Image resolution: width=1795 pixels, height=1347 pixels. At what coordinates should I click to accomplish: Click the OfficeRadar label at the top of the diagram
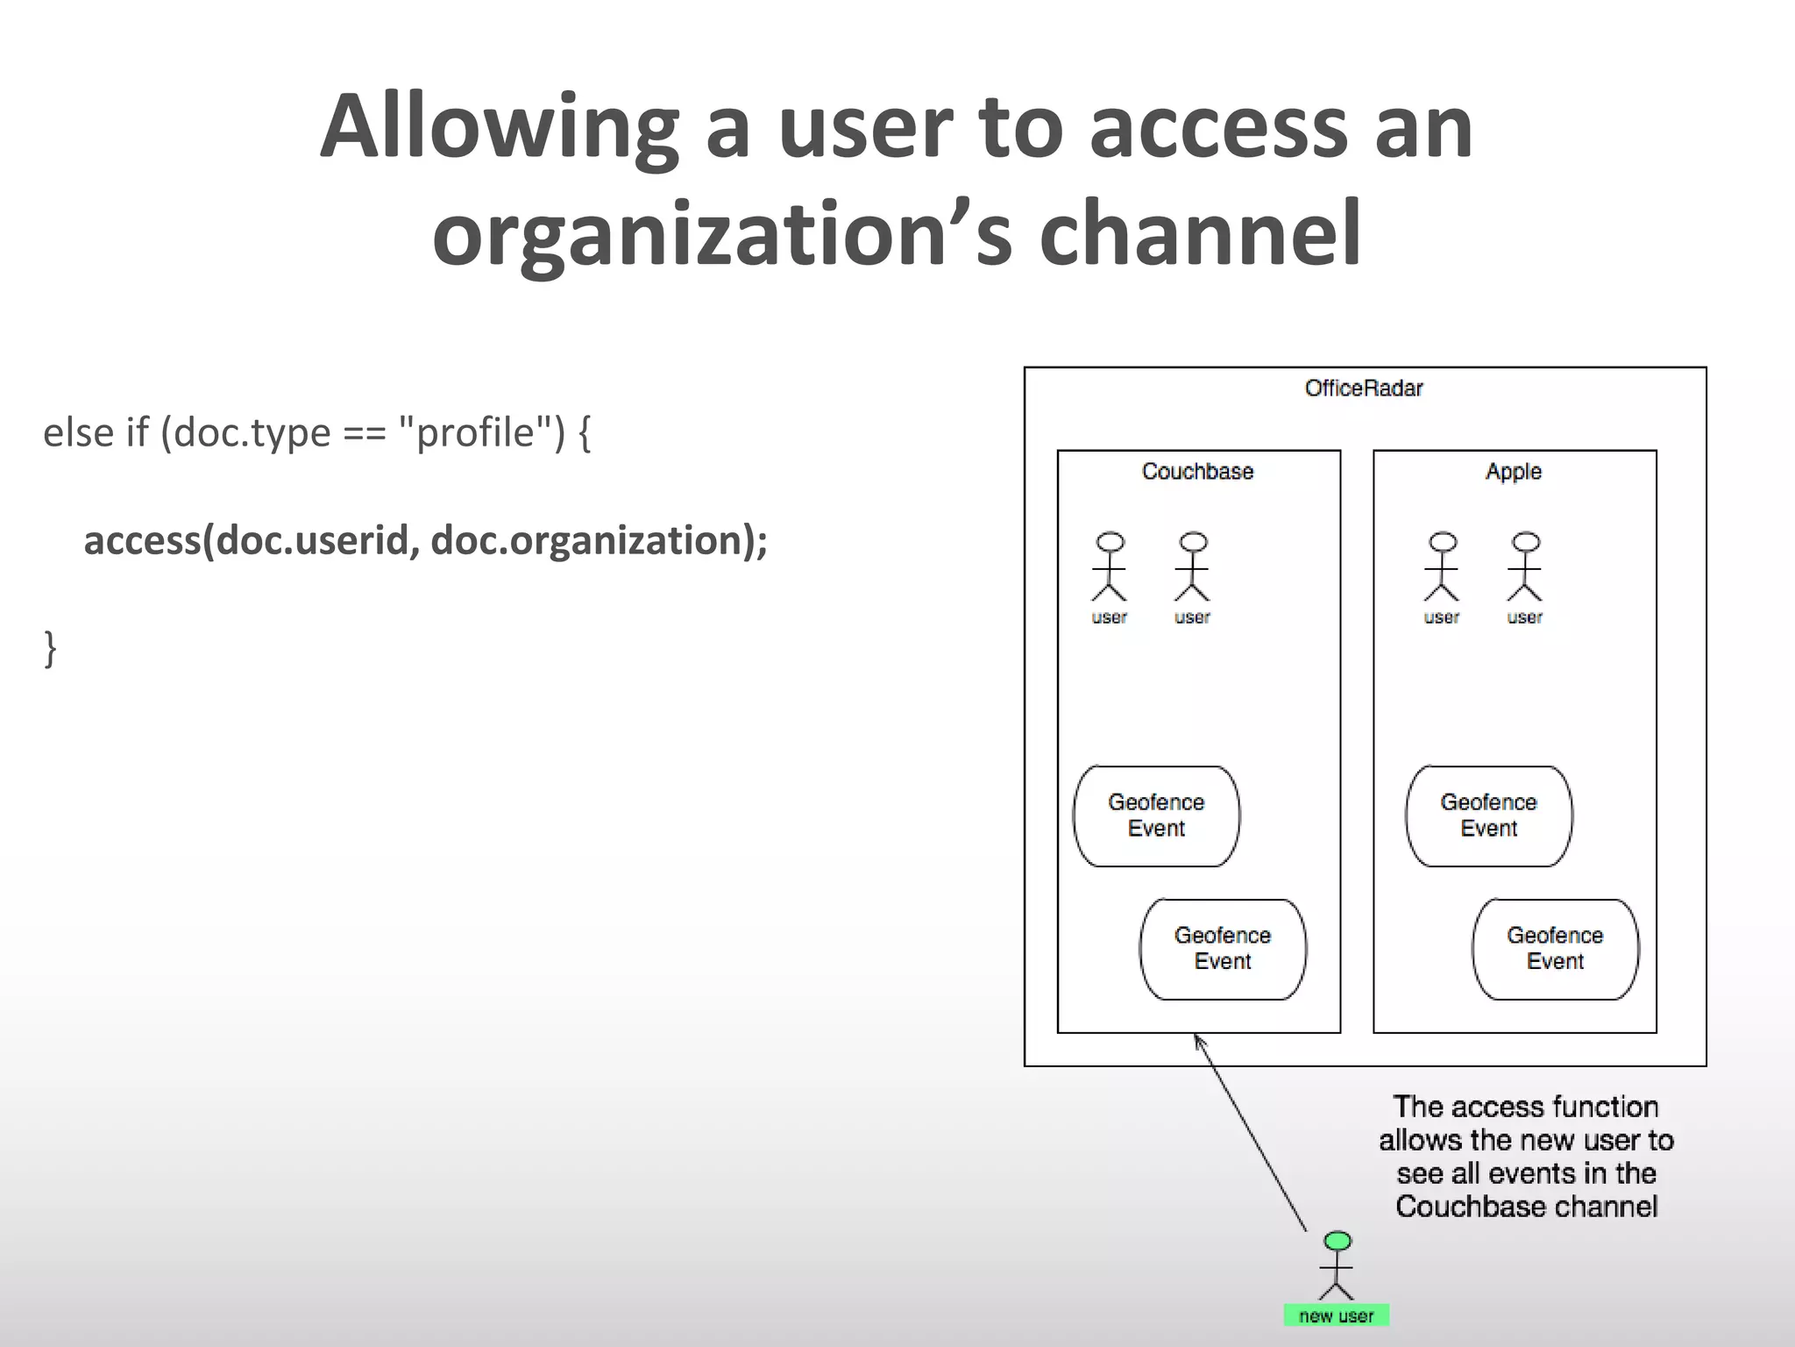coord(1363,388)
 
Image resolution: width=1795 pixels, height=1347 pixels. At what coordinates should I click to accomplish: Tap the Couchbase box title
coord(1197,472)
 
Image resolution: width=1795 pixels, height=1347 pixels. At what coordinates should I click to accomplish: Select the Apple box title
coord(1513,472)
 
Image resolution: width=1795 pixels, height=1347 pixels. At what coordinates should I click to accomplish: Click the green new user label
coord(1336,1315)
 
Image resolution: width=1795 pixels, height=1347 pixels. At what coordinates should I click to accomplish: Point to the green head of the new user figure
coord(1337,1241)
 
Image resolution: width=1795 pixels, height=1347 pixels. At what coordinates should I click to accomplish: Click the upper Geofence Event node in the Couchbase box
coord(1156,816)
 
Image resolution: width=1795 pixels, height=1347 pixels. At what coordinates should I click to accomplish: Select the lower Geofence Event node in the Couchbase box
coord(1223,949)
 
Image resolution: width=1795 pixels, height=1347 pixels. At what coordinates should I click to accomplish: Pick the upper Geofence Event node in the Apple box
coord(1488,816)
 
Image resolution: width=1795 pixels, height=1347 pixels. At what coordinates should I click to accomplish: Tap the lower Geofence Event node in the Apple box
coord(1555,949)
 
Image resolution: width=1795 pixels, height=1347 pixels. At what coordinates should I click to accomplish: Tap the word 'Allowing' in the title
coord(499,127)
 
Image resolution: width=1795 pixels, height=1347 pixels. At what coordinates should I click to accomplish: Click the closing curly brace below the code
coord(50,649)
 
